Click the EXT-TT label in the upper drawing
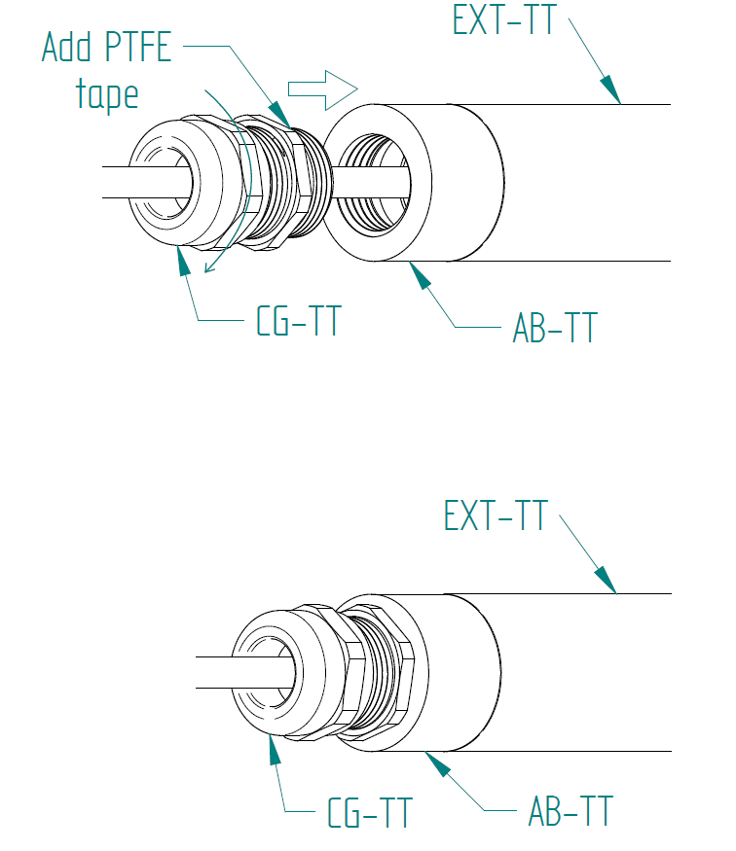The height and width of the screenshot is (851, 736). pos(504,20)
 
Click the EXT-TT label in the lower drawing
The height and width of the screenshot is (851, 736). pos(496,515)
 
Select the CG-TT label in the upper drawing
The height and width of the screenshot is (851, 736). pos(298,321)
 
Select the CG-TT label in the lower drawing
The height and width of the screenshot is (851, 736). pos(370,812)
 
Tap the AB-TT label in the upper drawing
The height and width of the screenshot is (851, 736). pos(555,327)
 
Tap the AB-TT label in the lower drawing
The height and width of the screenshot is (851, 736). pos(570,811)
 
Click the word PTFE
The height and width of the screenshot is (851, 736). pos(138,47)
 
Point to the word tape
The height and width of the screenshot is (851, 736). pos(107,94)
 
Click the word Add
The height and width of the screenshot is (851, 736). pos(66,47)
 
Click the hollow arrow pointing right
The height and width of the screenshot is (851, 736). pos(322,89)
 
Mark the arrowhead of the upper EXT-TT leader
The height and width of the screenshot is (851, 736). pos(610,89)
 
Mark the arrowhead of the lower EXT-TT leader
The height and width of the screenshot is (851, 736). pos(606,581)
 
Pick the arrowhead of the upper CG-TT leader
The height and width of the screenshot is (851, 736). pos(184,261)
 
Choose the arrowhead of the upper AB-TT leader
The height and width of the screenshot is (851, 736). pos(420,275)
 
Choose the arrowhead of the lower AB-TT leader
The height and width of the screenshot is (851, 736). pos(437,763)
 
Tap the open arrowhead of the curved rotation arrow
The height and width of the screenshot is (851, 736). pos(210,266)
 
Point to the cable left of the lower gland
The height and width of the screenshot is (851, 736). pos(214,672)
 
